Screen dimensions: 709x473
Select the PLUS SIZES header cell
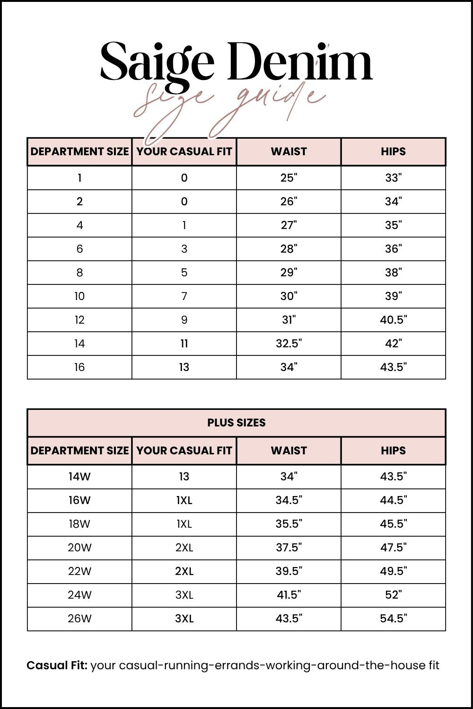236,423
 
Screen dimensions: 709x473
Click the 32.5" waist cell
289,344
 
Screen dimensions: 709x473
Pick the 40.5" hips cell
393,320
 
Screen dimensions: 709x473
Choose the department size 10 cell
79,296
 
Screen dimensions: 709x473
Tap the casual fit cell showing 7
184,296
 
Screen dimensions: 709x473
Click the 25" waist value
289,178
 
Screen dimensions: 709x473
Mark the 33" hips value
393,178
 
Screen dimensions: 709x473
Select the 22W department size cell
79,571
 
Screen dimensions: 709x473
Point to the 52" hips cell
393,595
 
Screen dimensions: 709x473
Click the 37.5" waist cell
289,548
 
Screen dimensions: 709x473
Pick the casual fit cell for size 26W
184,619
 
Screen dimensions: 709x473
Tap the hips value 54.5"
393,619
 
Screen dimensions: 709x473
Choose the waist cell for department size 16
289,367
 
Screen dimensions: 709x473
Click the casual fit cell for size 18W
184,524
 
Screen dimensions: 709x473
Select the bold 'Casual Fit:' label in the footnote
57,665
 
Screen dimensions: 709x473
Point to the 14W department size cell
79,477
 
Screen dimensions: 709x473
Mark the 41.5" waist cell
289,595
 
